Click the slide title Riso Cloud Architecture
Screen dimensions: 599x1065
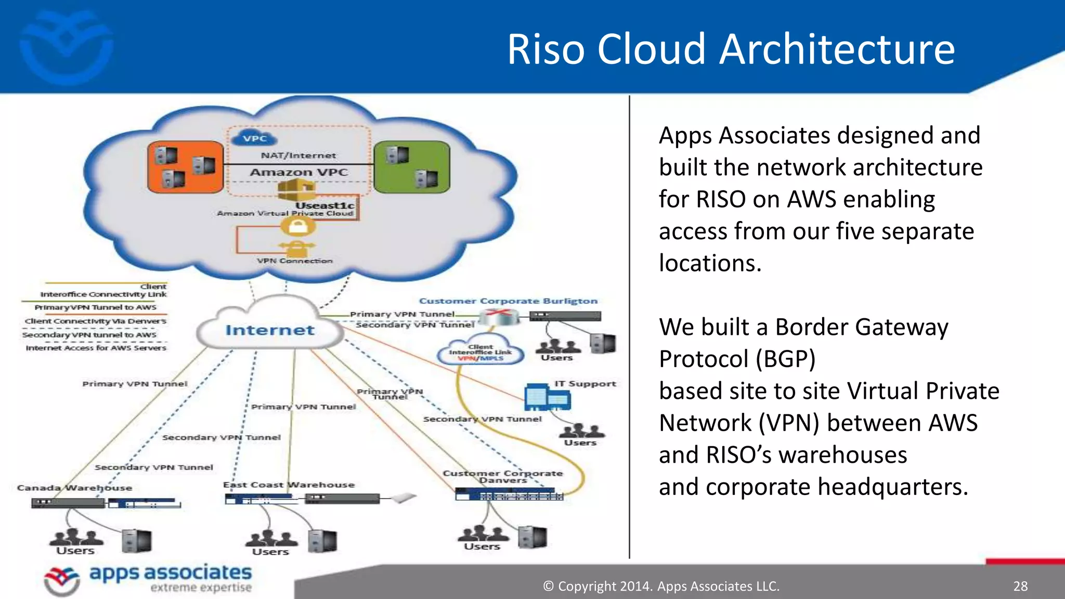pos(731,49)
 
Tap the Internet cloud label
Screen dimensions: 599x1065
pos(270,330)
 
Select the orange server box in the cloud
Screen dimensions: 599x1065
pos(186,166)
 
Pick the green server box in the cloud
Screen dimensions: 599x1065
pos(412,166)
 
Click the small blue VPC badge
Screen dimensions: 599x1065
pos(255,138)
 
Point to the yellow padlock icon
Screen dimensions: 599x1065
pos(297,226)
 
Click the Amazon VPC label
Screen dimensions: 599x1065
pos(298,172)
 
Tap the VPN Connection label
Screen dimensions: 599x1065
pos(294,261)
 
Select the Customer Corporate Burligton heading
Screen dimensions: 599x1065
pos(508,301)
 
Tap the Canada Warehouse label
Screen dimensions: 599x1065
pos(74,488)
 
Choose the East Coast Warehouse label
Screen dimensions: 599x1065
pos(289,485)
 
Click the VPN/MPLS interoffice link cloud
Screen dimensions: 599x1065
pos(480,352)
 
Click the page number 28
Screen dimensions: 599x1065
pos(1020,586)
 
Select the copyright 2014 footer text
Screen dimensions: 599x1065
pos(661,586)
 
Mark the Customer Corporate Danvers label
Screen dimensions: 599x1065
pos(502,476)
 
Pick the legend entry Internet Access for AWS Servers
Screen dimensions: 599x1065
pos(96,348)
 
